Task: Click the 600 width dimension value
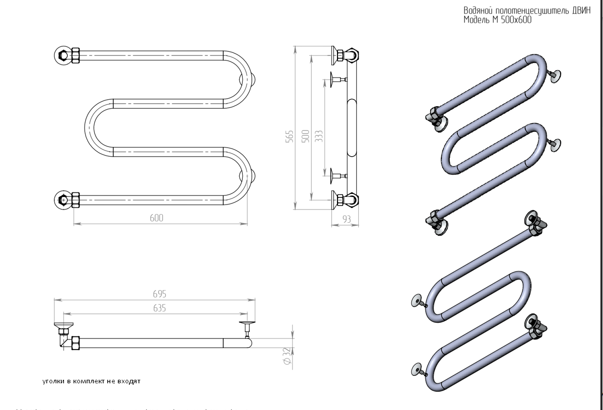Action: point(156,218)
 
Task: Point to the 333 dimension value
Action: point(318,136)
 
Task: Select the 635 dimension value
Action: point(160,308)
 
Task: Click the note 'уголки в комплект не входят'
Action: point(91,381)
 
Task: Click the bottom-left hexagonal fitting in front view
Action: point(63,200)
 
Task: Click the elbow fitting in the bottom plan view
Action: point(64,336)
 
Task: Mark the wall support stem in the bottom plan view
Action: point(247,330)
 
